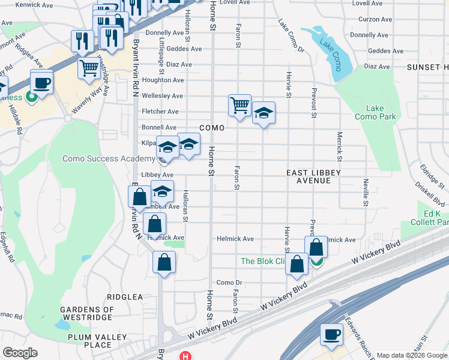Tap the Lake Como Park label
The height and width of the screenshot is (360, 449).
coord(375,112)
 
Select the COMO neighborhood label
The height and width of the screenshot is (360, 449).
coord(211,128)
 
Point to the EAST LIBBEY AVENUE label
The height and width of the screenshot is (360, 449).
coord(313,176)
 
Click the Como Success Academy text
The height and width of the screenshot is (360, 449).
coord(109,158)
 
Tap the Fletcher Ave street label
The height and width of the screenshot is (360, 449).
coord(160,112)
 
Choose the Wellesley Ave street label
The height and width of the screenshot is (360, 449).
coord(161,96)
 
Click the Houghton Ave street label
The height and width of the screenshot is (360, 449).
coord(163,80)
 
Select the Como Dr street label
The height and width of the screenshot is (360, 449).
coord(229,283)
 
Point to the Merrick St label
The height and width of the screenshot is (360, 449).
coord(339,147)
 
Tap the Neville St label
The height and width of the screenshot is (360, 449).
coord(365,193)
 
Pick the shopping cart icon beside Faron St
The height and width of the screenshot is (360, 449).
coord(240,106)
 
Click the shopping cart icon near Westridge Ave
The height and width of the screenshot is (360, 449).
coord(89,67)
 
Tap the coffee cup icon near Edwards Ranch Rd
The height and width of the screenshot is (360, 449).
coord(331,334)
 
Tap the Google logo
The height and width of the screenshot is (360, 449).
coord(20,353)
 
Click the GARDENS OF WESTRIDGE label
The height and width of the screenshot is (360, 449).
coord(86,313)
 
